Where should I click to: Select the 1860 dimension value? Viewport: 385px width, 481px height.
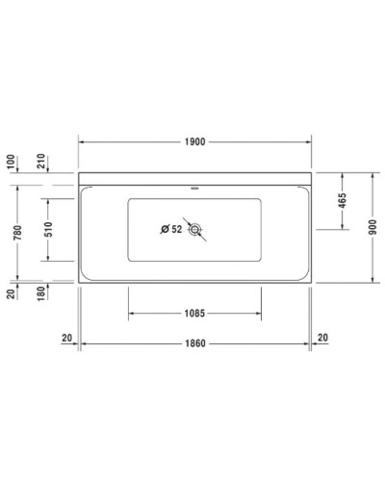point(195,342)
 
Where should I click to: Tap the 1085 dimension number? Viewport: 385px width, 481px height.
point(195,313)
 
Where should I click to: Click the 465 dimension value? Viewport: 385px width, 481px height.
point(344,202)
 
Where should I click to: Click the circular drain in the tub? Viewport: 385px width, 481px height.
point(195,229)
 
